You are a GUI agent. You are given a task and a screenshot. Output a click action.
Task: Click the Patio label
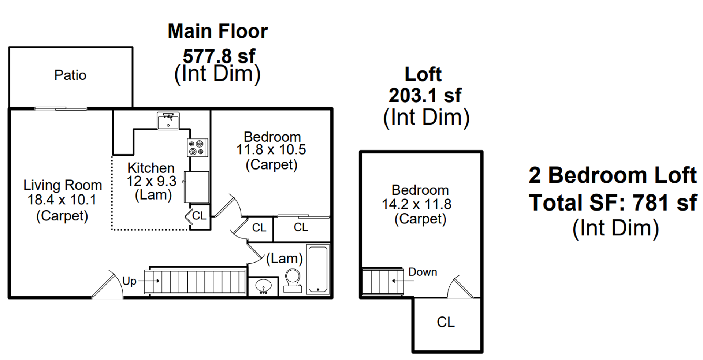(x=70, y=75)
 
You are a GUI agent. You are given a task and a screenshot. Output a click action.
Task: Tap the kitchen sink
(x=168, y=121)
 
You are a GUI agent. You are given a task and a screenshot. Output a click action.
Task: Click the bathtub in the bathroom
(x=318, y=269)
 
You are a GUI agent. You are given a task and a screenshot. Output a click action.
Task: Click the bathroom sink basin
(x=263, y=286)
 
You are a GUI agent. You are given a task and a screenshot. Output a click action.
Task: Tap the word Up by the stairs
(x=129, y=281)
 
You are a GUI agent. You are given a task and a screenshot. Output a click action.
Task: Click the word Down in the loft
(x=423, y=272)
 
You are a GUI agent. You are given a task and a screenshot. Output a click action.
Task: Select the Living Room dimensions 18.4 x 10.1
(x=62, y=200)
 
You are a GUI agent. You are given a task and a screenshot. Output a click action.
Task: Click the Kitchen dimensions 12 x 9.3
(x=152, y=181)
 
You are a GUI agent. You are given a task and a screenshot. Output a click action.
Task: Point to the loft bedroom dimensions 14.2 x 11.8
(x=417, y=204)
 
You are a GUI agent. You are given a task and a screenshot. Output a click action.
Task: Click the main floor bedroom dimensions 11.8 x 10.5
(x=271, y=150)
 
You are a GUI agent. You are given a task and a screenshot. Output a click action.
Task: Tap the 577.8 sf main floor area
(x=219, y=56)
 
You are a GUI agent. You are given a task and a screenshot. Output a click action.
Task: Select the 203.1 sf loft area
(x=425, y=95)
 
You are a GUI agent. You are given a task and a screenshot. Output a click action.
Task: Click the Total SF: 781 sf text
(x=613, y=203)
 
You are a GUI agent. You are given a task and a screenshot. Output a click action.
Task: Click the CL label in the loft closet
(x=446, y=322)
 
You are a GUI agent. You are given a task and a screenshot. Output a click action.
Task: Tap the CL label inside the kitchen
(x=199, y=216)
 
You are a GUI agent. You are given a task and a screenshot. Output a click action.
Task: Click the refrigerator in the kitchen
(x=197, y=187)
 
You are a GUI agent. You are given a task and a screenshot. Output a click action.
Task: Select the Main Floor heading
(x=218, y=31)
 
